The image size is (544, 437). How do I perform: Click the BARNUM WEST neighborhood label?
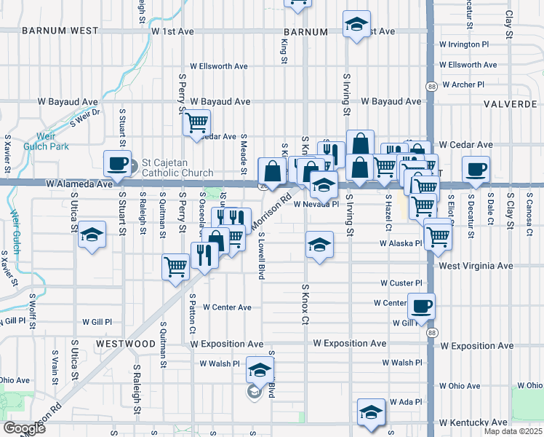coord(60,31)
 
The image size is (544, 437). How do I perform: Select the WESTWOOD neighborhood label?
coord(125,343)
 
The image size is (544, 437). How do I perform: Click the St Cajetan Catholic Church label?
coord(178,168)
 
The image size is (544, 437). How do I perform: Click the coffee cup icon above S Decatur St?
coord(476,170)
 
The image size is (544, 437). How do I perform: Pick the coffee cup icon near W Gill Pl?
coord(421,306)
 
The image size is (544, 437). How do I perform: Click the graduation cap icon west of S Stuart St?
coord(92,235)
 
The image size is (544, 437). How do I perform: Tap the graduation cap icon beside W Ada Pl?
coord(371,412)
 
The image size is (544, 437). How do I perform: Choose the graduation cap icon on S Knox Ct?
coord(319,246)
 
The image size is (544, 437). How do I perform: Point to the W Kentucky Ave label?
coord(473,422)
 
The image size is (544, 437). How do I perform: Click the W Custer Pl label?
coord(401,283)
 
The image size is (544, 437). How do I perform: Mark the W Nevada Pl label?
coord(316,205)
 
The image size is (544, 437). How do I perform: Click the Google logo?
coord(25,428)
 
